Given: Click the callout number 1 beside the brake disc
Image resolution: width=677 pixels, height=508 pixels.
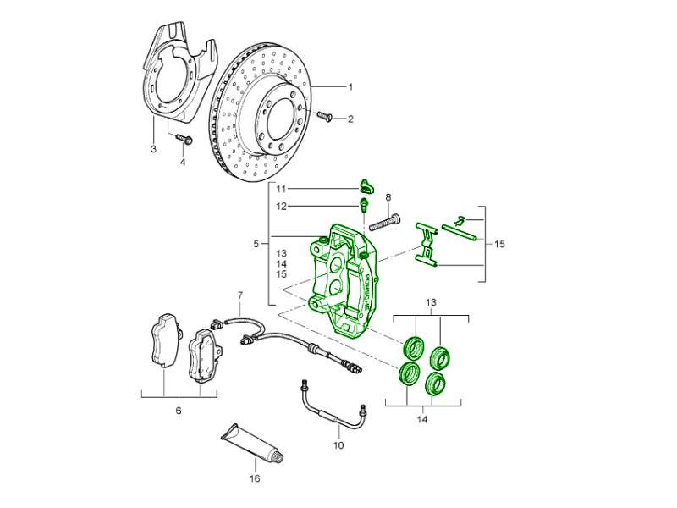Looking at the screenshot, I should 350,87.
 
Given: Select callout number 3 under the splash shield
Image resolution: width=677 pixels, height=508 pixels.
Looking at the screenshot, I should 153,149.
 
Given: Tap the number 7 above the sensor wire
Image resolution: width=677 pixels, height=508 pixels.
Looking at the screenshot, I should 239,295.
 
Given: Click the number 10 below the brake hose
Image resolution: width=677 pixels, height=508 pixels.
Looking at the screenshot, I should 338,445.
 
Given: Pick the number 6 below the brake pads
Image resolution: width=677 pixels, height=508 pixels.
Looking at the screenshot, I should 178,411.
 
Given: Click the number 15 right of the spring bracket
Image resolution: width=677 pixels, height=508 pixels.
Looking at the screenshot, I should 498,244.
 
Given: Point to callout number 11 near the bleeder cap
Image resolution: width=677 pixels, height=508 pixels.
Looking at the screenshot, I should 281,188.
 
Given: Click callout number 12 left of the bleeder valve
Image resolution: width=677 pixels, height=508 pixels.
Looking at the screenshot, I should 281,206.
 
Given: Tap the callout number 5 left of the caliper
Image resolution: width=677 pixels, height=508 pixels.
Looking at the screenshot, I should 256,244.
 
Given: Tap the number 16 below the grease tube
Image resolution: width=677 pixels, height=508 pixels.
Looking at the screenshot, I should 255,478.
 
